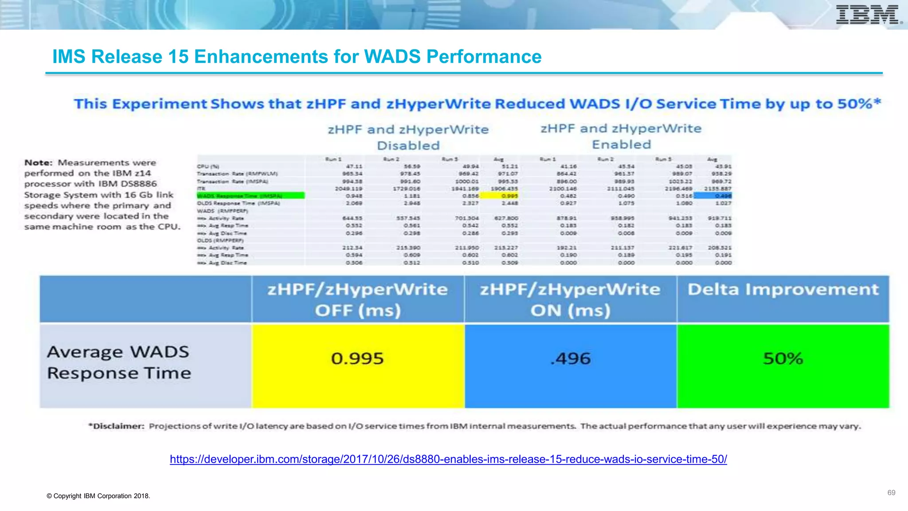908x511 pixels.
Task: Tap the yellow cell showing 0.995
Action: (357, 366)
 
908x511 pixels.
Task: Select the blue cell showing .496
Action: (571, 366)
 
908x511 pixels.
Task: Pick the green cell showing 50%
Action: (783, 366)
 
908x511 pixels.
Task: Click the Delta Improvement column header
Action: (783, 290)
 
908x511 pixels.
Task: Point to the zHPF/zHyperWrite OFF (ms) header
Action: (357, 299)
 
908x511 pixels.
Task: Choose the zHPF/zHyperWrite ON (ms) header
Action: (571, 299)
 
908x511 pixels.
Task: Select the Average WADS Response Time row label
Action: (119, 362)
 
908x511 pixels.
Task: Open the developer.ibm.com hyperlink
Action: (448, 459)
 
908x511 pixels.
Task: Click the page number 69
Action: (891, 493)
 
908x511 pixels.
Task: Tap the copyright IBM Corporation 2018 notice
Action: (98, 496)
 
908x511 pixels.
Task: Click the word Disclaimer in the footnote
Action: (117, 426)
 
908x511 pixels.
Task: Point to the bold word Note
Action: (38, 163)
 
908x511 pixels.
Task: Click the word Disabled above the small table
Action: (408, 145)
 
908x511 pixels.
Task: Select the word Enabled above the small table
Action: (622, 145)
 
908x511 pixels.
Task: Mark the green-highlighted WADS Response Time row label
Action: (250, 196)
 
